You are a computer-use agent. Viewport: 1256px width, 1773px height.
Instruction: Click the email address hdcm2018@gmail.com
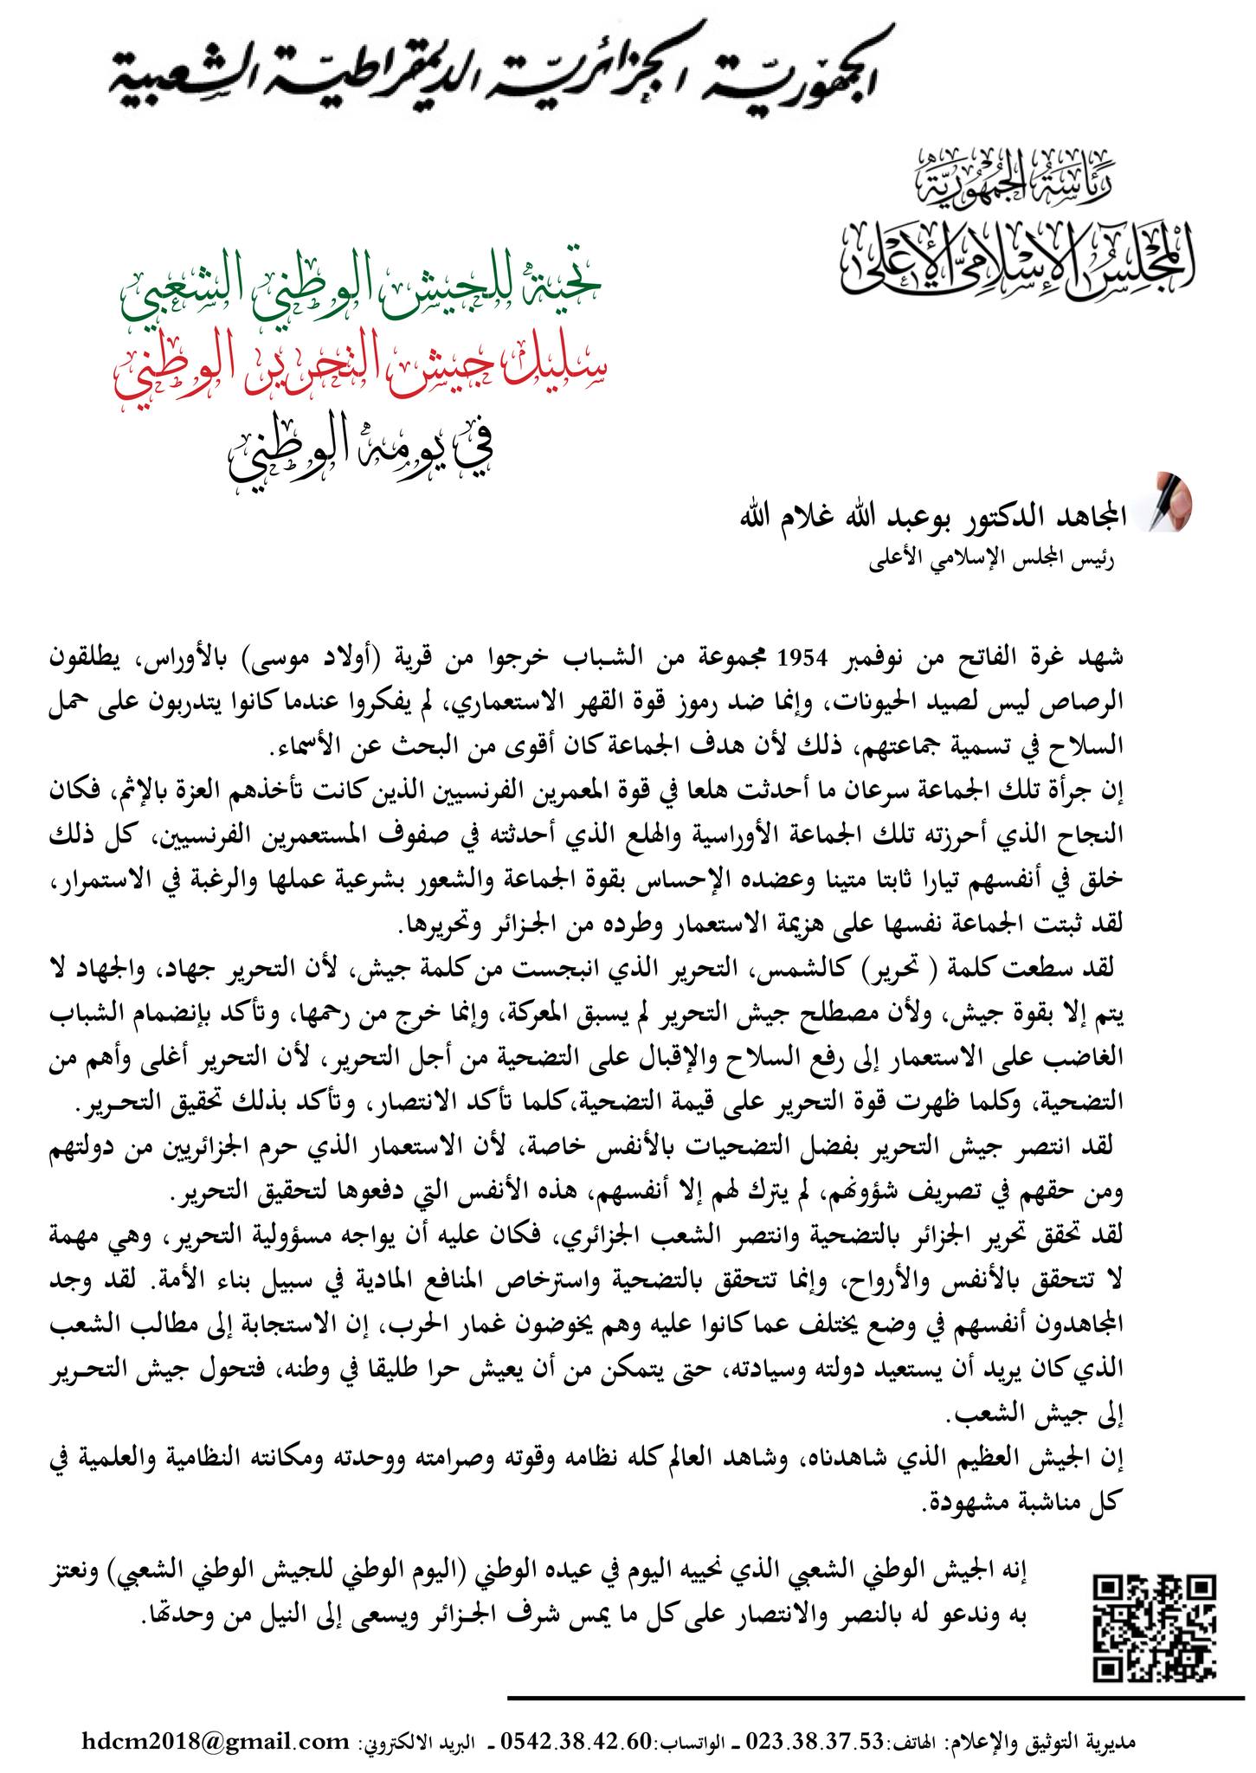click(216, 1740)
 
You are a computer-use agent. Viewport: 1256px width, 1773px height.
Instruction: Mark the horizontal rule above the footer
click(875, 1694)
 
